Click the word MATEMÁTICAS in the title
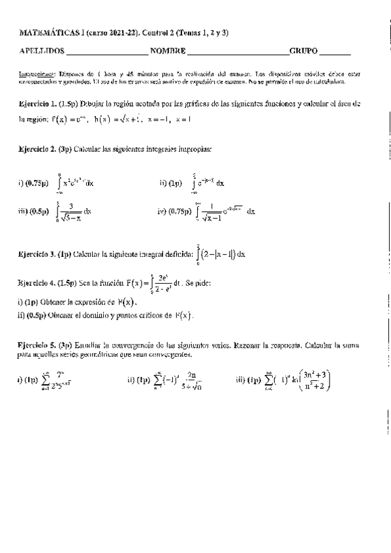[x=47, y=33]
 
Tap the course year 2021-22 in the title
[x=123, y=33]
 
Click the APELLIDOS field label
[x=42, y=50]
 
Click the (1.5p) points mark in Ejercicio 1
[x=70, y=104]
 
